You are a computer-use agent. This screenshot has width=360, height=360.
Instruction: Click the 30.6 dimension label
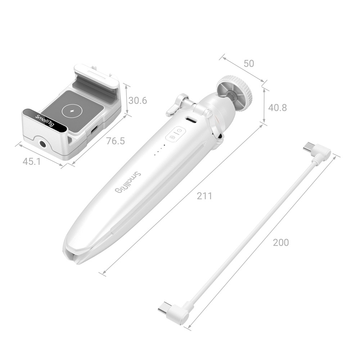coord(138,100)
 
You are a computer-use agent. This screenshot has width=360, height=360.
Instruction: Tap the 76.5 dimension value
coord(116,141)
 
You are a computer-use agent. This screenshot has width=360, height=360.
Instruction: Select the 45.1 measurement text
coord(32,162)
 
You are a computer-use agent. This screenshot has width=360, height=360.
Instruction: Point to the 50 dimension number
coord(249,64)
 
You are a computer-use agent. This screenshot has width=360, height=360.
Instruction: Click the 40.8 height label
coord(278,107)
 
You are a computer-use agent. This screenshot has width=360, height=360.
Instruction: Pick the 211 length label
coord(204,196)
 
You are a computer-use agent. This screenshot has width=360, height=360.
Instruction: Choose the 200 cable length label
coord(281,242)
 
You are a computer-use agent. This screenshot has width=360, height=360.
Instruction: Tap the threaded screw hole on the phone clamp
coord(43,144)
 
